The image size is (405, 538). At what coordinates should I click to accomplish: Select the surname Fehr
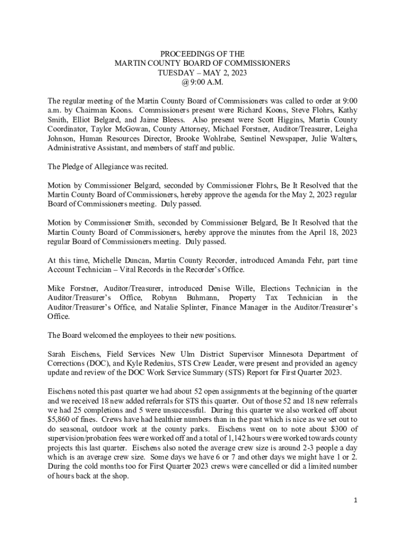pyautogui.click(x=292, y=261)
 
